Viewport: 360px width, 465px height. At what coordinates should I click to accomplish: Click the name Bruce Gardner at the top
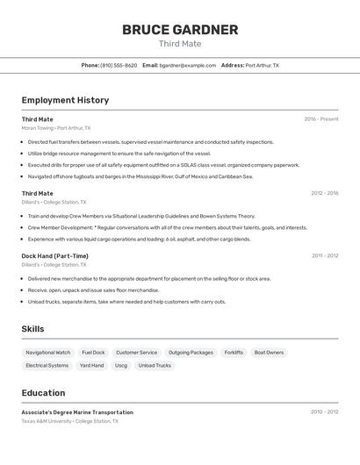point(180,30)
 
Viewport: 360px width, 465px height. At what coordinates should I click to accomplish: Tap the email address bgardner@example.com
point(187,66)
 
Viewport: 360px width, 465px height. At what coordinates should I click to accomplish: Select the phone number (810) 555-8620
point(119,66)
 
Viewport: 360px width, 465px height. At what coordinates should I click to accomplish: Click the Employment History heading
point(65,100)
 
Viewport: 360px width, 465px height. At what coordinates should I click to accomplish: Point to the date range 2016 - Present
point(321,119)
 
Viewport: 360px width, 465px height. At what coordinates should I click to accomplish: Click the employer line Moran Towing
point(56,128)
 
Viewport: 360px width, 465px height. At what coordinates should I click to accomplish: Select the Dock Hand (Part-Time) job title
point(54,256)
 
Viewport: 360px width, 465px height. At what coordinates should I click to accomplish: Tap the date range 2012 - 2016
point(324,193)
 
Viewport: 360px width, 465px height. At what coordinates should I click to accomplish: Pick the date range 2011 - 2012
point(324,256)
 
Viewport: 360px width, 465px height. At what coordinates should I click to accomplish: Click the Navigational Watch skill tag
point(48,353)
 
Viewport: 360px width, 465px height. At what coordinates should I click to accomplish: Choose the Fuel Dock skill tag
point(93,353)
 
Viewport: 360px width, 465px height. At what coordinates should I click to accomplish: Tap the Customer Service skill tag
point(136,353)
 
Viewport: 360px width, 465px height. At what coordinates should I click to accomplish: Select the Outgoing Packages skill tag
point(191,353)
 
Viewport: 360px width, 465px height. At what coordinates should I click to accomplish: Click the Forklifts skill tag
point(234,353)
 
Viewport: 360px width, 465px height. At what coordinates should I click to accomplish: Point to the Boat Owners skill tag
point(269,353)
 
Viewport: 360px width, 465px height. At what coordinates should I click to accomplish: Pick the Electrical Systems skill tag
point(47,365)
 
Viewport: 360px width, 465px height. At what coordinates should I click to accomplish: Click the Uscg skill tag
point(121,365)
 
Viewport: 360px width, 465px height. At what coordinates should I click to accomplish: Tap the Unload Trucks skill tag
point(155,365)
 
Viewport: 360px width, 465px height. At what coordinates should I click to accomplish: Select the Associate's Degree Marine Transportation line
point(77,412)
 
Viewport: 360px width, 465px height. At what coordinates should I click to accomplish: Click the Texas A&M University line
point(69,421)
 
